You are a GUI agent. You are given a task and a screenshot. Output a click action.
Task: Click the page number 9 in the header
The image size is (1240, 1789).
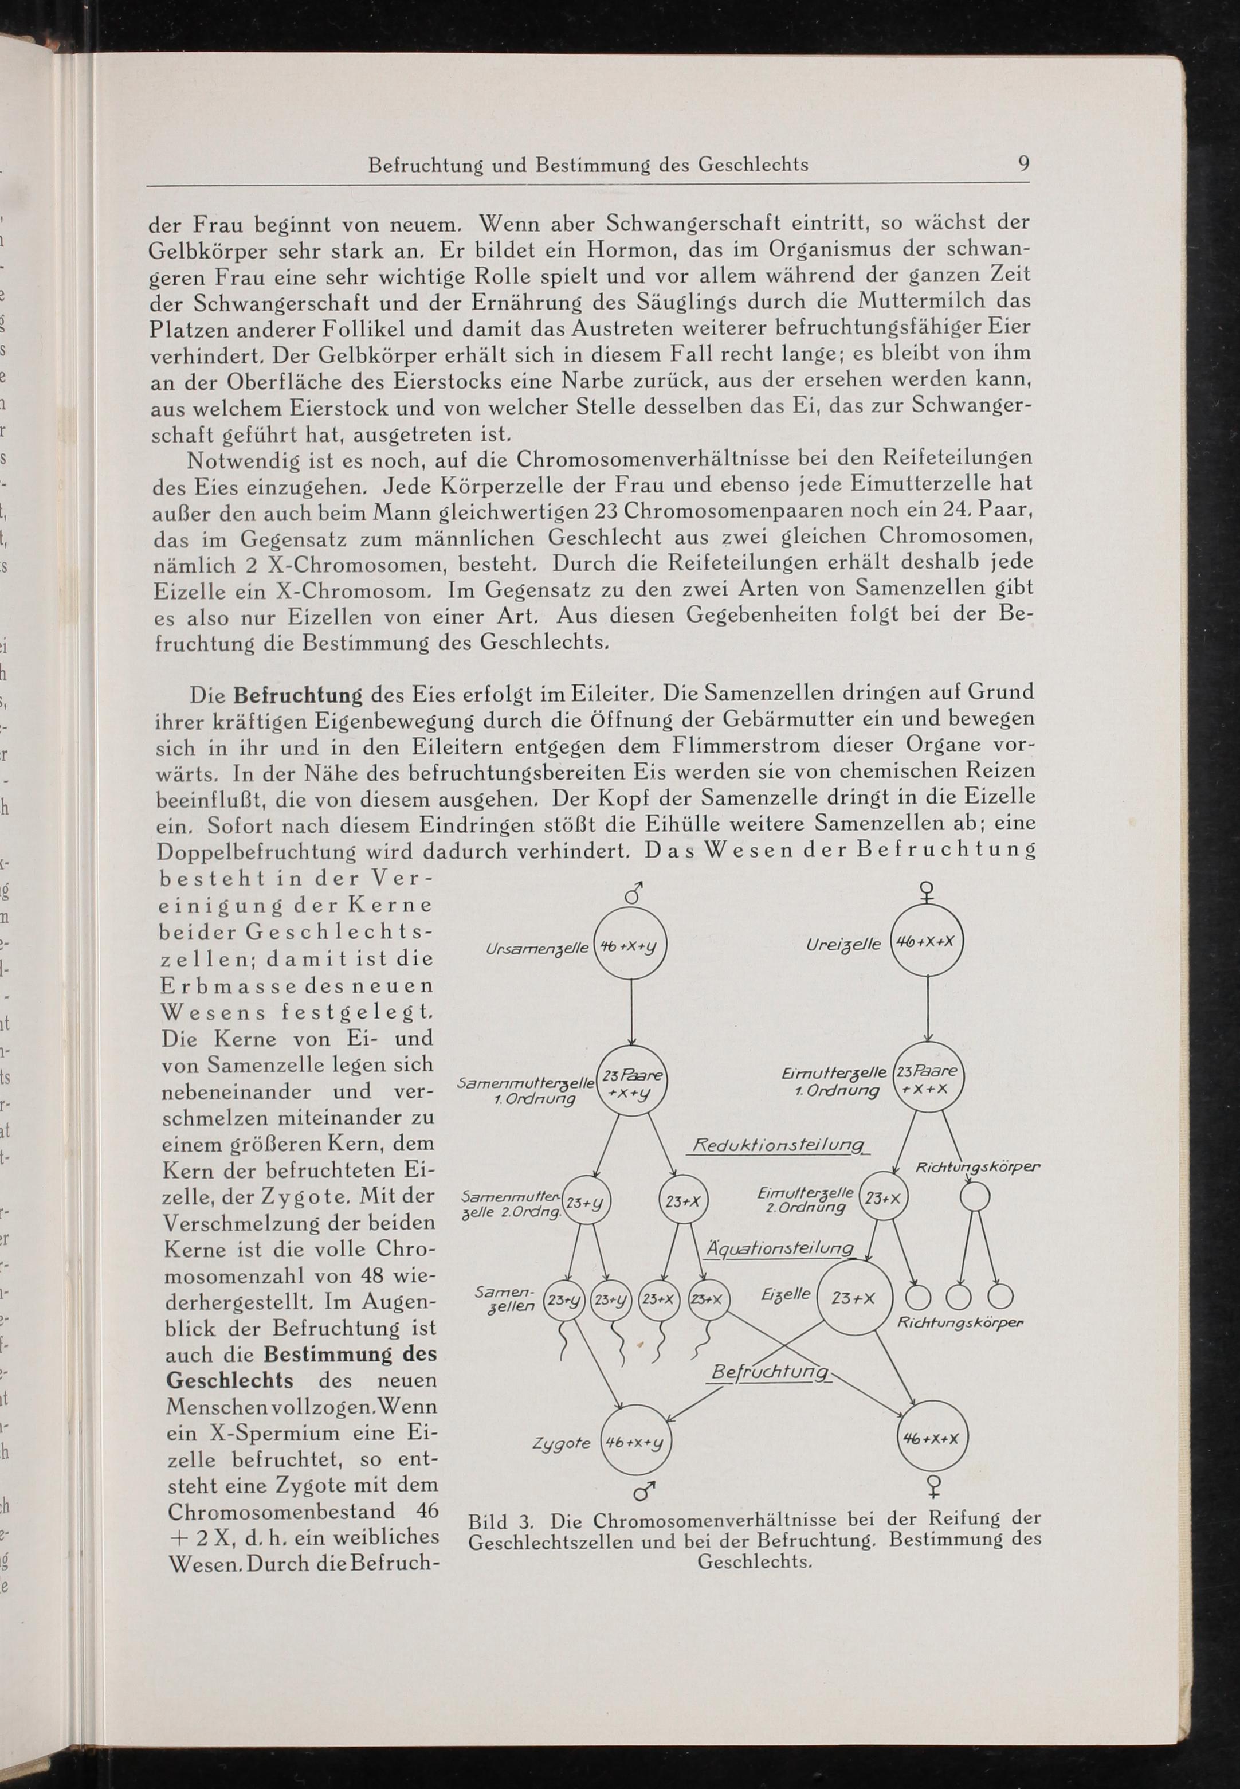pos(1023,164)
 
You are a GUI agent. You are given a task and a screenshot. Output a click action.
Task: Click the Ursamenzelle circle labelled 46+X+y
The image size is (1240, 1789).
pos(631,945)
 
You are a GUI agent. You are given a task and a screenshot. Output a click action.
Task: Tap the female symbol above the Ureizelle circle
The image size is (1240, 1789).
pos(926,892)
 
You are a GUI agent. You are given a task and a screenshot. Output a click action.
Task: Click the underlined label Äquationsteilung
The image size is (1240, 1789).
pos(779,1248)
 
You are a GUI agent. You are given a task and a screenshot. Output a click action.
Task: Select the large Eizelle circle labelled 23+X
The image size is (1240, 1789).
pos(853,1298)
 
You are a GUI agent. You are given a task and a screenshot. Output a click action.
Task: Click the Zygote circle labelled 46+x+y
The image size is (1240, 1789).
pos(635,1442)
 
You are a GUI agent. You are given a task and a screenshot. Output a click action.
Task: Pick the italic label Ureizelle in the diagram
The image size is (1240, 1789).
pos(843,944)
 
